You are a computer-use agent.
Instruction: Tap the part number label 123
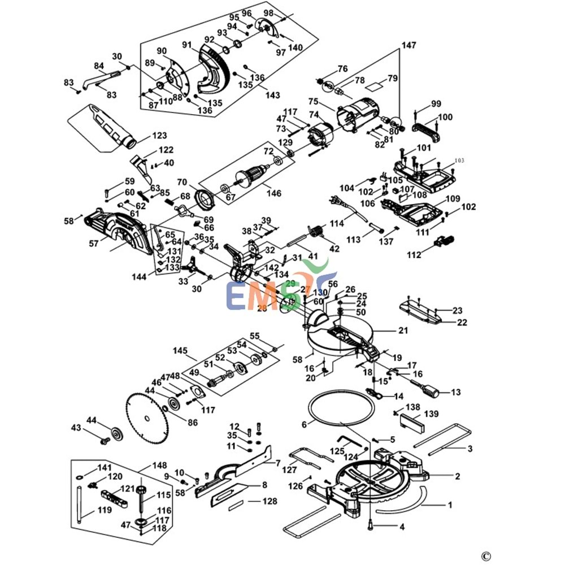[x=160, y=136]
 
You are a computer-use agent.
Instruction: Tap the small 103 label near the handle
[x=459, y=161]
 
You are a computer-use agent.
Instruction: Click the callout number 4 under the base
[x=402, y=527]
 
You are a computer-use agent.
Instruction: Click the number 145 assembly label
[x=180, y=351]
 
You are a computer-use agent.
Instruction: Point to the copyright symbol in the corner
[x=486, y=554]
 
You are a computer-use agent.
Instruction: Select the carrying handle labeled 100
[x=428, y=129]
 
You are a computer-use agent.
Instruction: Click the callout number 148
[x=160, y=466]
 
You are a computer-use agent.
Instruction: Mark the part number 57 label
[x=93, y=244]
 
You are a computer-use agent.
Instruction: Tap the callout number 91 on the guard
[x=187, y=45]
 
